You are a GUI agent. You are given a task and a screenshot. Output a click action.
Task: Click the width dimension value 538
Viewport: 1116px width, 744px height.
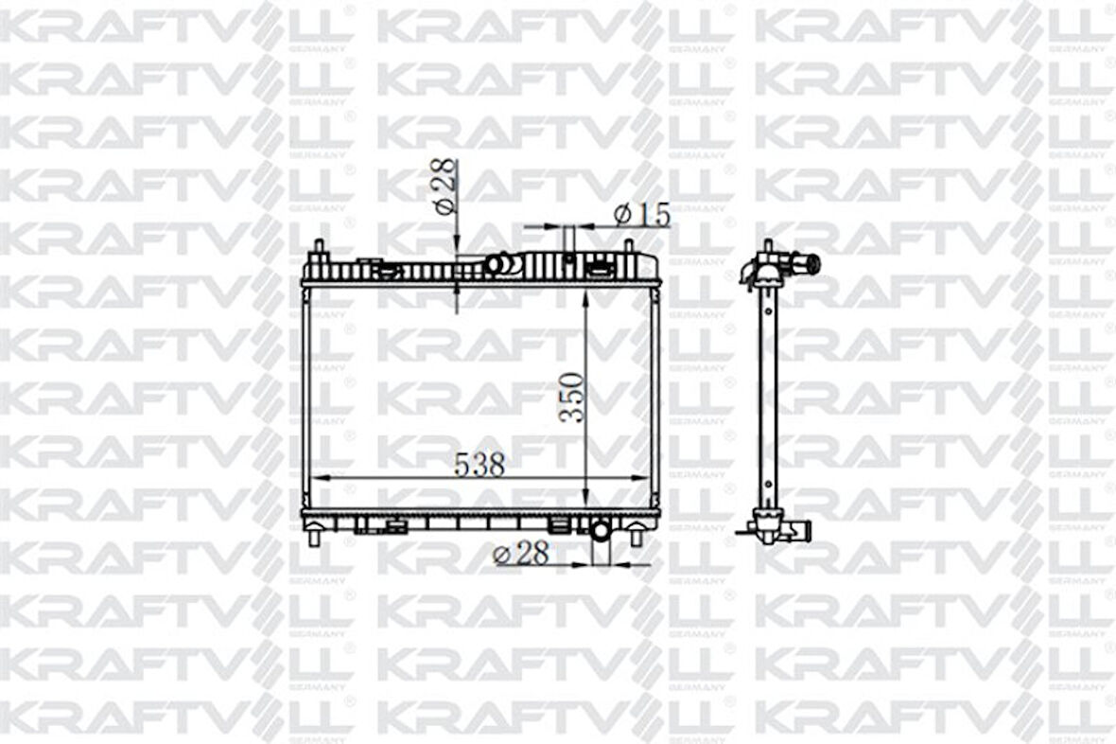tap(480, 464)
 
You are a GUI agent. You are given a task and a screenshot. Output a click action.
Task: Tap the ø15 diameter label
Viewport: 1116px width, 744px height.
tap(642, 215)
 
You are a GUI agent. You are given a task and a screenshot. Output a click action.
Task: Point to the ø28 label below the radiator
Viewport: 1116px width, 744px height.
tap(521, 554)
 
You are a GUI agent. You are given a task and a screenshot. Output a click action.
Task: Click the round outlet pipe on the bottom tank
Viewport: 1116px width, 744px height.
tap(601, 530)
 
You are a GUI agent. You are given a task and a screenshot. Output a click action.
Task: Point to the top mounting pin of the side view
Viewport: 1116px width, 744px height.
tap(767, 247)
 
